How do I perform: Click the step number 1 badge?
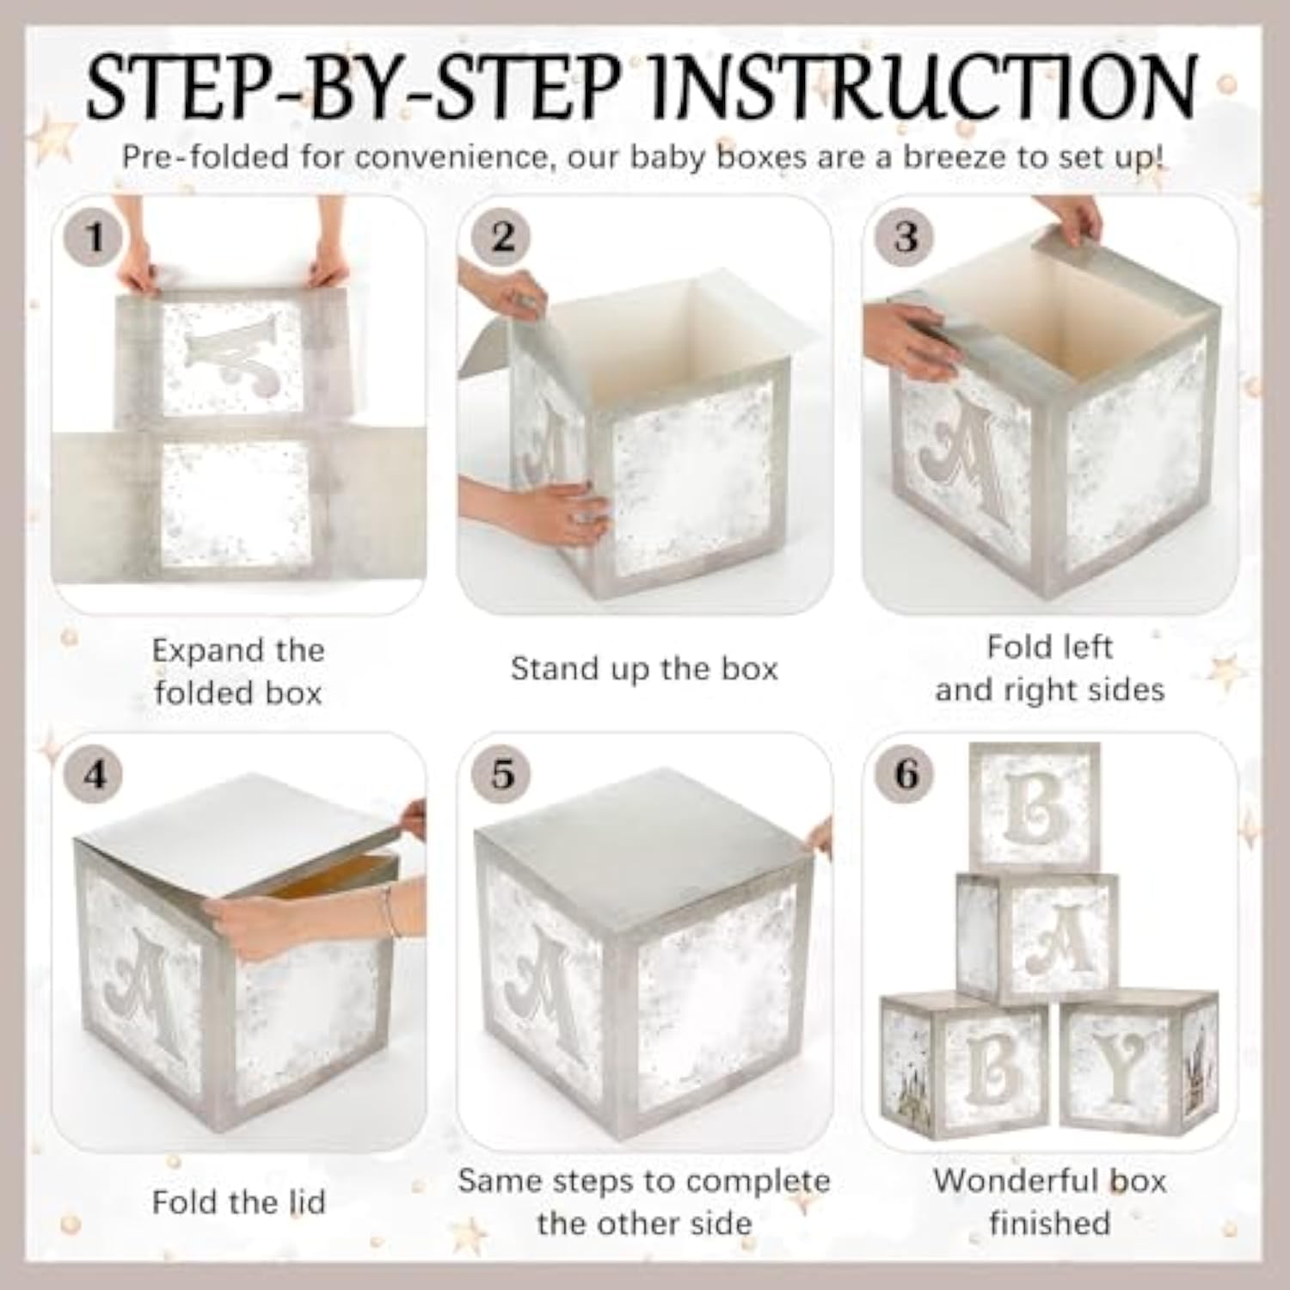(x=95, y=236)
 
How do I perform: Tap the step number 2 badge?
(x=502, y=236)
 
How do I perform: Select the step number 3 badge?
(x=906, y=236)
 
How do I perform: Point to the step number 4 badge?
(x=95, y=774)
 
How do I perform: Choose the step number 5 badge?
(x=502, y=774)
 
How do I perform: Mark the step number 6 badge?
(x=906, y=774)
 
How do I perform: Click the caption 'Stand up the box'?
(x=644, y=669)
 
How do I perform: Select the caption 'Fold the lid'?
(x=239, y=1201)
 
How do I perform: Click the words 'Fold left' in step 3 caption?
(x=1050, y=647)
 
